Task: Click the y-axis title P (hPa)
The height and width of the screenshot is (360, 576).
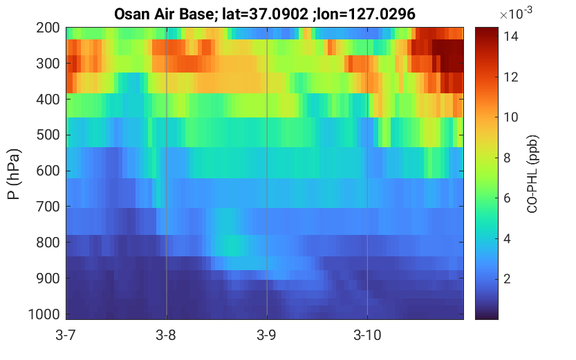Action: (14, 174)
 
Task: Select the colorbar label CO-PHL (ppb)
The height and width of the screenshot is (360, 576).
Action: (532, 174)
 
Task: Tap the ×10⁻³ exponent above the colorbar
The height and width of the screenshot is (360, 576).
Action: (516, 13)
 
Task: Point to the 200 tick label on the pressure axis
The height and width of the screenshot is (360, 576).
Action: (48, 28)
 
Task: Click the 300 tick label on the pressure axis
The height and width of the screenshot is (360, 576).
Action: (48, 64)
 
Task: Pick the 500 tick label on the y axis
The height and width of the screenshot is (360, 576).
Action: (48, 135)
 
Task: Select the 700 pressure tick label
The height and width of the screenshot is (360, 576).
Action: (48, 207)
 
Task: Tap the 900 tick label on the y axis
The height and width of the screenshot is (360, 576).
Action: (48, 278)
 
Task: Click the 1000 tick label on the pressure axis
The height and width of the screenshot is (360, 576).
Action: (44, 314)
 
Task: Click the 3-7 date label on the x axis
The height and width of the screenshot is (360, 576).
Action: (66, 335)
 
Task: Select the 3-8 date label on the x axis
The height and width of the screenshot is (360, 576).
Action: (166, 335)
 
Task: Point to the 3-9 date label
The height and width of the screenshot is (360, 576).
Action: (267, 335)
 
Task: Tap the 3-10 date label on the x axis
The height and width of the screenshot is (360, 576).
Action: (367, 335)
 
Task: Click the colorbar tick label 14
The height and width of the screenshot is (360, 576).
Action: (510, 37)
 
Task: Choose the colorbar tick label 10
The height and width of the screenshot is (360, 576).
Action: (510, 117)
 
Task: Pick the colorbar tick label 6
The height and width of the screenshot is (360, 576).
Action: (507, 198)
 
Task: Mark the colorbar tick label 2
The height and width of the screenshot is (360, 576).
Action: (507, 279)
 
